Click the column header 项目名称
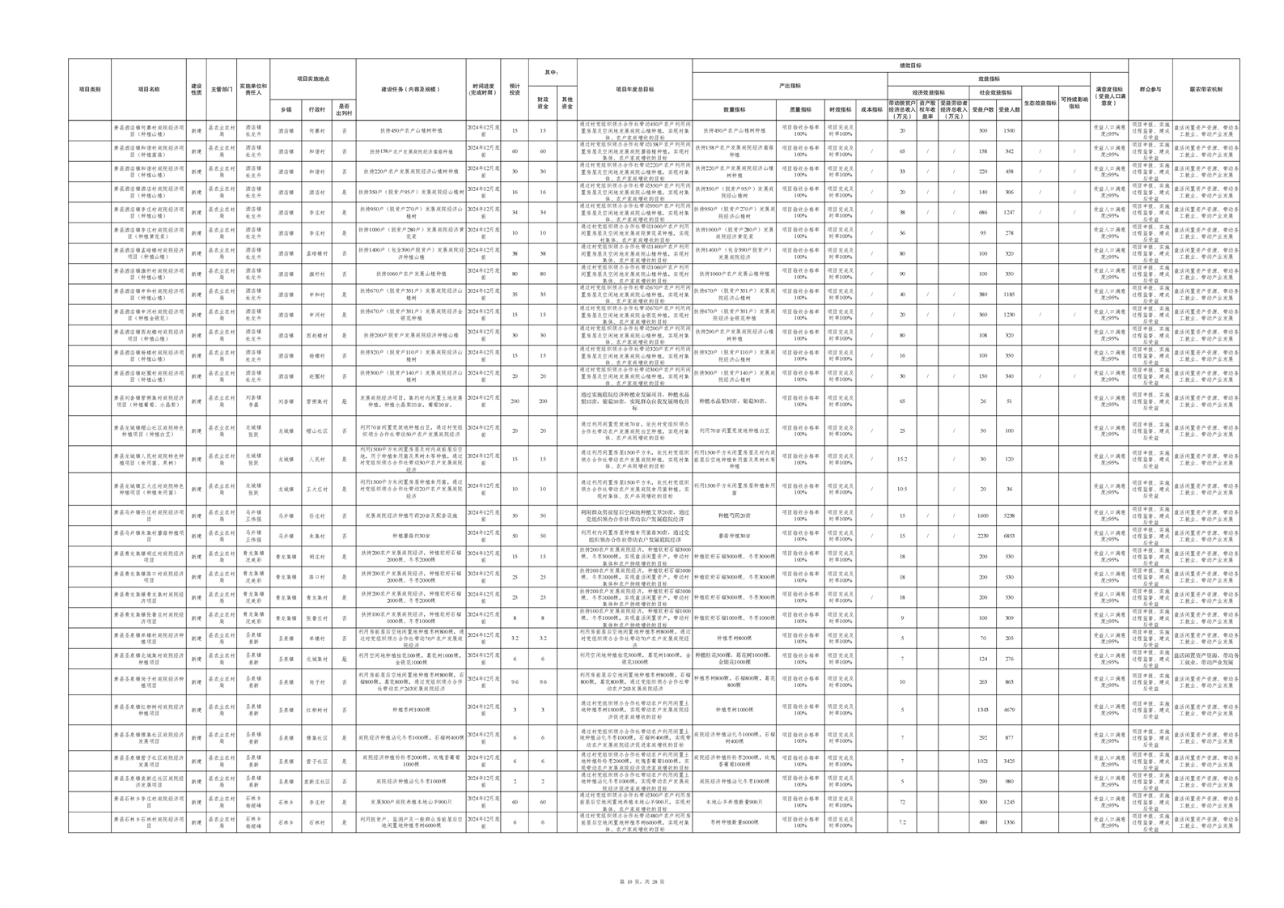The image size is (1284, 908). [x=149, y=90]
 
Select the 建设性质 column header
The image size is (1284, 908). [x=196, y=90]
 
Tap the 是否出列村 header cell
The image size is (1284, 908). [x=344, y=109]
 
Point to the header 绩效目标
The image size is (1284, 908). [x=910, y=66]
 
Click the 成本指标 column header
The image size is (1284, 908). [x=871, y=109]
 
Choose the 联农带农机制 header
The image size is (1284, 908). [x=1206, y=90]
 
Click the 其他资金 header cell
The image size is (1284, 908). [x=567, y=104]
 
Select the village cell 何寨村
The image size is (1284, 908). [x=317, y=130]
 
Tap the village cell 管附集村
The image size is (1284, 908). [x=317, y=401]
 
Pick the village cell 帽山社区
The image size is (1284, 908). [x=317, y=431]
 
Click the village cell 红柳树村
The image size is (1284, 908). [x=317, y=710]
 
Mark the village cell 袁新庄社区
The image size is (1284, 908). [x=317, y=782]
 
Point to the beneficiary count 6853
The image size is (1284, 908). [x=1009, y=536]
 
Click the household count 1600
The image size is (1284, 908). [x=983, y=516]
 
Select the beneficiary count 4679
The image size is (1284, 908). [x=1009, y=710]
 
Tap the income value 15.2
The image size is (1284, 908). [x=902, y=459]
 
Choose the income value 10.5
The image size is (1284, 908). [x=902, y=489]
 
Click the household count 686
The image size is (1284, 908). [x=983, y=212]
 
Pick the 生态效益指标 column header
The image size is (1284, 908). [x=1040, y=104]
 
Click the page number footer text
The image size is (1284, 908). [x=641, y=880]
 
